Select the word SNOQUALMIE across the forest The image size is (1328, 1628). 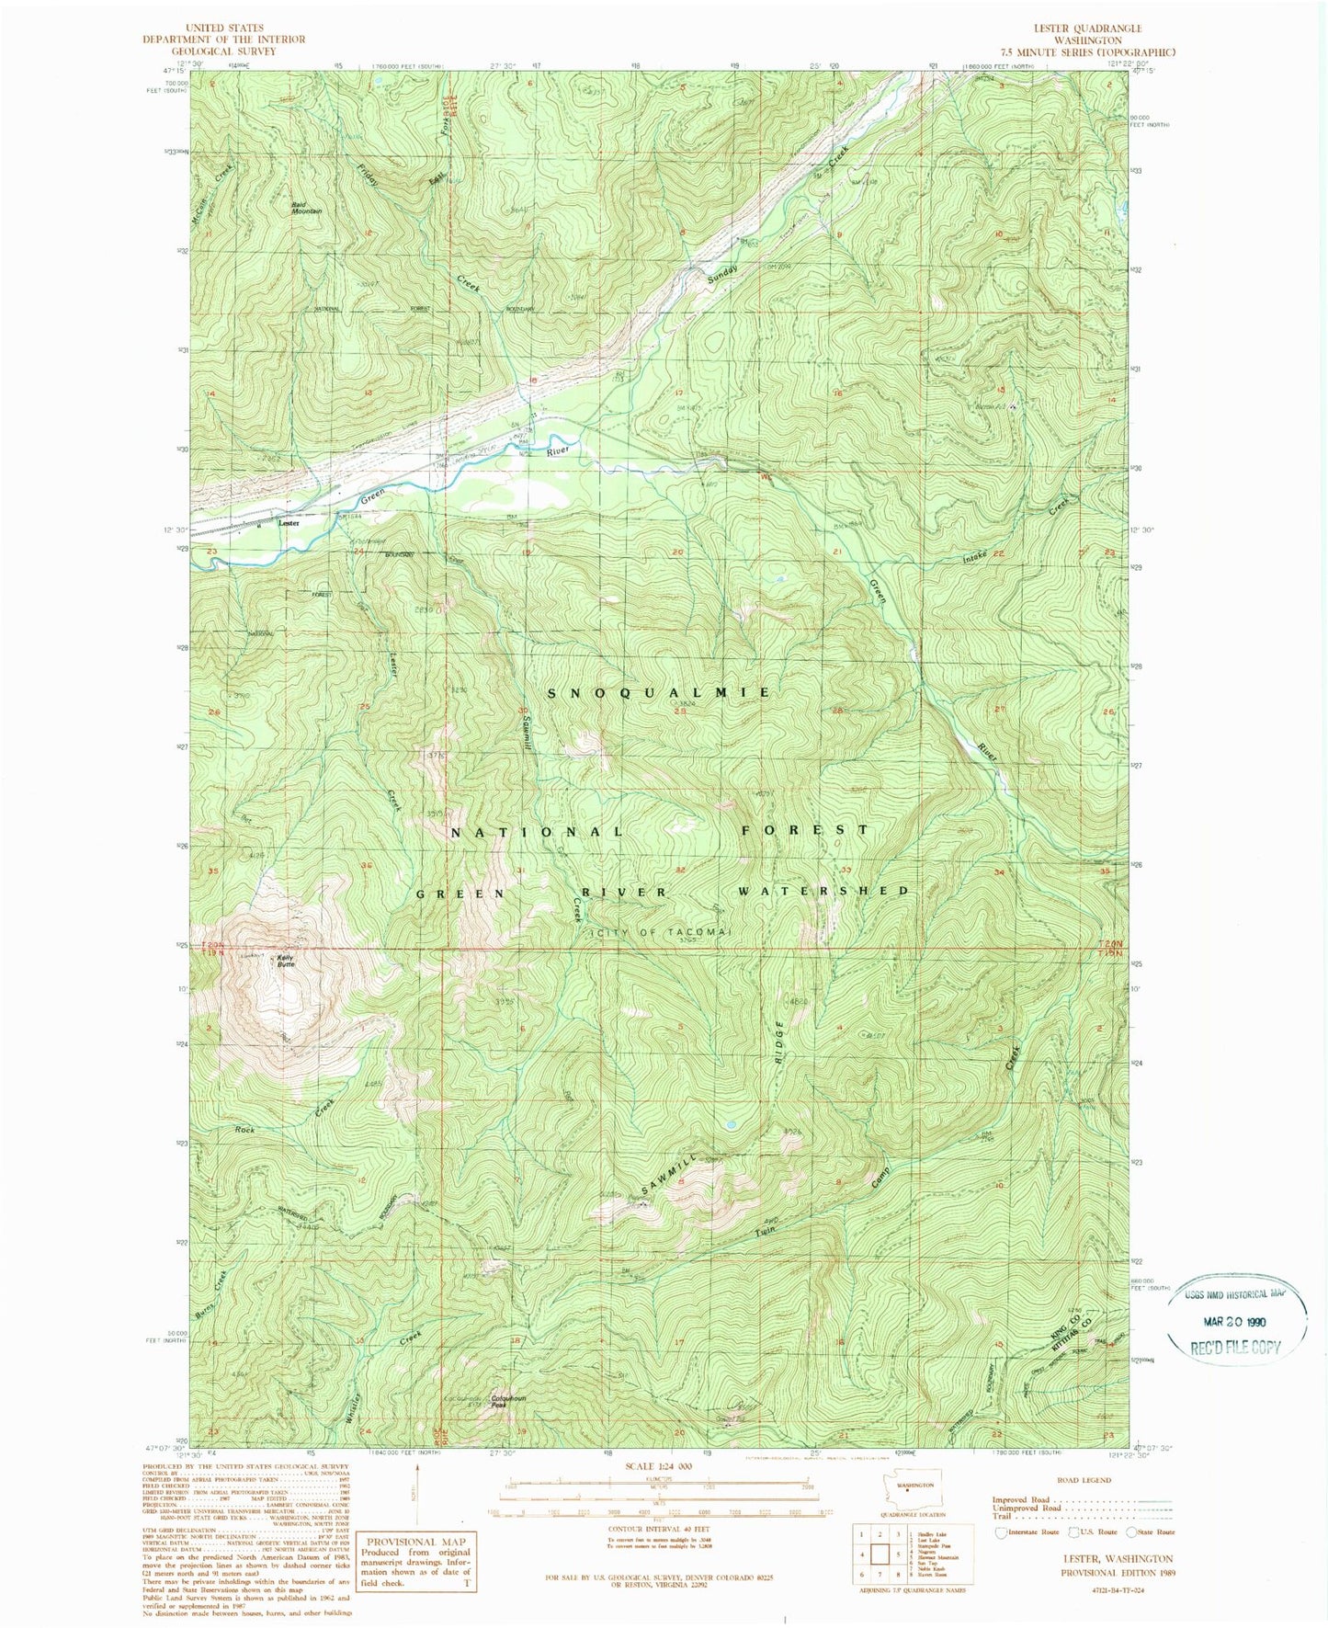[659, 692]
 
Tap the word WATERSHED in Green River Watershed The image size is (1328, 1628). [824, 891]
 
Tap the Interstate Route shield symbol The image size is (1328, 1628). [1001, 1532]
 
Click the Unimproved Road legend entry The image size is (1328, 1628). [1027, 1508]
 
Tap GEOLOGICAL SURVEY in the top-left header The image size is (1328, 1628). [223, 51]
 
